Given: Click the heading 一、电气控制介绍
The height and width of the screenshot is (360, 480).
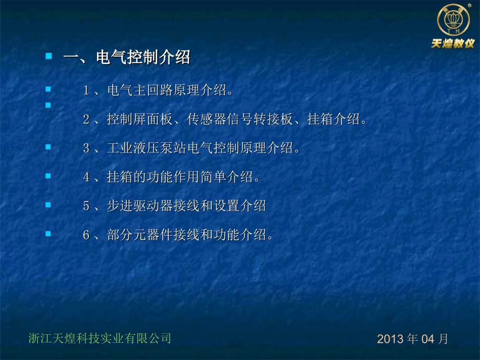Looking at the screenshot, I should coord(126,58).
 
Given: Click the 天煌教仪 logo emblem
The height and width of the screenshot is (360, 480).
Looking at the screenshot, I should coord(453,20).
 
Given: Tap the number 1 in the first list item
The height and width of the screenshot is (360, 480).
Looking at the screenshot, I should coord(86,91).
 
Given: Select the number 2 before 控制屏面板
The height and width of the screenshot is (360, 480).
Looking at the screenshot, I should coord(86,120).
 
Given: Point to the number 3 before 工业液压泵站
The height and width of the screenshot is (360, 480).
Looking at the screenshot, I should coord(86,148).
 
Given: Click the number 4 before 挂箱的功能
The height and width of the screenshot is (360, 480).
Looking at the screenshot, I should coord(86,177).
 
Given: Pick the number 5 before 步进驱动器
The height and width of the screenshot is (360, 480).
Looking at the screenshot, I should coord(86,206).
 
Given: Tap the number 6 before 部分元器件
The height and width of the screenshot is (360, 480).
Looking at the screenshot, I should coord(86,235).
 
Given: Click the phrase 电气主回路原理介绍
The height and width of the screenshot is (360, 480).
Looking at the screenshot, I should coord(165,91).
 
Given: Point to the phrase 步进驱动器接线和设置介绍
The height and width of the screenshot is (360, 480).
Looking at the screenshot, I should coord(186,206).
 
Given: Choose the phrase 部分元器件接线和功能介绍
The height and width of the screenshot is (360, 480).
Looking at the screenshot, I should coord(186,235).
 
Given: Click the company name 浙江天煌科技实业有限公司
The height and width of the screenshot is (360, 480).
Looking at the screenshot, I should coord(100,338).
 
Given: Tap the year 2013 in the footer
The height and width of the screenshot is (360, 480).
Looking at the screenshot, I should coord(391,339).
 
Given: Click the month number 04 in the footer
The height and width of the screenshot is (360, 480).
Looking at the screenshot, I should coord(428,339).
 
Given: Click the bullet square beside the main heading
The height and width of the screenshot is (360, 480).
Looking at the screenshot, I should coord(49,56).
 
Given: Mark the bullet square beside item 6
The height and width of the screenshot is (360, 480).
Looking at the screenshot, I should coord(49,234).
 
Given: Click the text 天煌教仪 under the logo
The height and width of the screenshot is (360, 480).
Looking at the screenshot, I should coord(453,43).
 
